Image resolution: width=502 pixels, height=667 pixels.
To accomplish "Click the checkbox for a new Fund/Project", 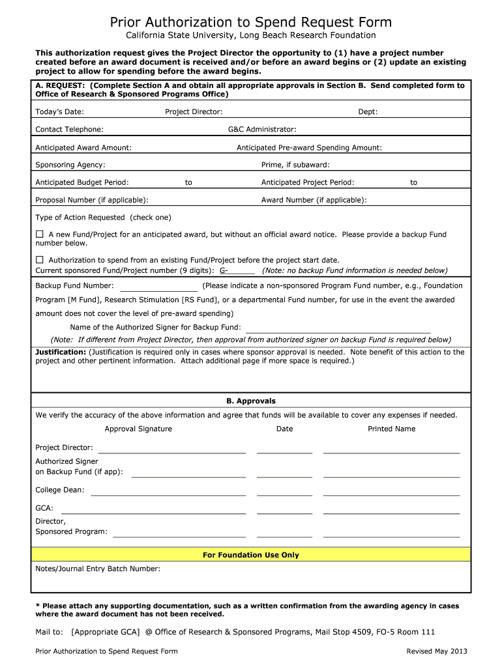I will (39, 234).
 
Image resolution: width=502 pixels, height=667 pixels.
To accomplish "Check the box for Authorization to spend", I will (39, 259).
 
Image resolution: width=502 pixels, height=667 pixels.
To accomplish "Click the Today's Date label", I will (59, 112).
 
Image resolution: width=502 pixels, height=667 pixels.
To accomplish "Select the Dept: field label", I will (368, 112).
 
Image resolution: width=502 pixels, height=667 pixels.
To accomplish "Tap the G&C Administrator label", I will (262, 130).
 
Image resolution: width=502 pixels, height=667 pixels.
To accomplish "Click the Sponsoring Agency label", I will (70, 165).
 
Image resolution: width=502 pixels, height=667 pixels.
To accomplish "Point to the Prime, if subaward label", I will (295, 165).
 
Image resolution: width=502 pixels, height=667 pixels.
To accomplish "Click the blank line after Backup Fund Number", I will (158, 289).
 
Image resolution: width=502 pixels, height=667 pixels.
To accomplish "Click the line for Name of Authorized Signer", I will (338, 330).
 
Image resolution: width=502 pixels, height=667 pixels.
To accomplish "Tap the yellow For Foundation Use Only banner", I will (251, 555).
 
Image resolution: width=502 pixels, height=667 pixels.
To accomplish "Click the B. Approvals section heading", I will (251, 401).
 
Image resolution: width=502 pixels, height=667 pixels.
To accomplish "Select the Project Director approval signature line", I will (171, 451).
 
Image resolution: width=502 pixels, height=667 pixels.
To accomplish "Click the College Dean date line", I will (284, 494).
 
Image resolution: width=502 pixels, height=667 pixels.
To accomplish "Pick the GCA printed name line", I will (391, 512).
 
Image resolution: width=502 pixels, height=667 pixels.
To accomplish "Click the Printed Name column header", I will (391, 429).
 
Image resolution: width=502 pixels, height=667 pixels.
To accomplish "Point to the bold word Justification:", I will (61, 352).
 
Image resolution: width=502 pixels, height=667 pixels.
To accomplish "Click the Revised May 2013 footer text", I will (436, 651).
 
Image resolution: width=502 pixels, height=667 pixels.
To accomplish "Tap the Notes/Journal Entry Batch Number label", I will (98, 569).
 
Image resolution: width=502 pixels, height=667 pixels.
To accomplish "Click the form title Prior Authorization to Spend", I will (251, 23).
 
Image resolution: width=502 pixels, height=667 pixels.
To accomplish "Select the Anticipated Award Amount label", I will (83, 148).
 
